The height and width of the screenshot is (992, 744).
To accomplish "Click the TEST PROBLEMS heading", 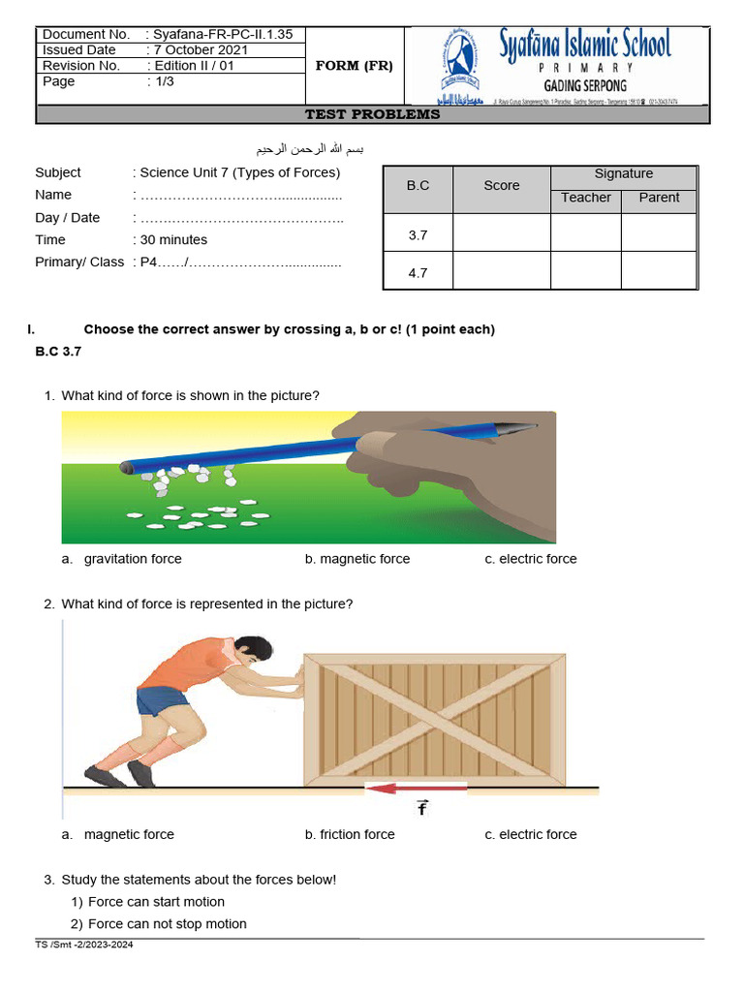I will point(372,114).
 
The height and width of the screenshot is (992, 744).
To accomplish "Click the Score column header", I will point(502,185).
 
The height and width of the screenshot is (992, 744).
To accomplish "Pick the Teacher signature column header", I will point(586,198).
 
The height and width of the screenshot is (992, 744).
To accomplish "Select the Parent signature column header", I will point(659,198).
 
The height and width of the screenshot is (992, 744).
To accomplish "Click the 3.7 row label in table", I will point(418,234).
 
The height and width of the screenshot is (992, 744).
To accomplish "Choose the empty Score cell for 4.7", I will point(502,272).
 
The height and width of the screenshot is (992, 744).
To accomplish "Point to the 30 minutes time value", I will point(173,239).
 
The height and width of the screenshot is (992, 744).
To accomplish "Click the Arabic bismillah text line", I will point(310,149).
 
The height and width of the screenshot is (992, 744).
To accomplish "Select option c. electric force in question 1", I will point(531,559).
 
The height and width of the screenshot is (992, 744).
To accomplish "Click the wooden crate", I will point(434,719).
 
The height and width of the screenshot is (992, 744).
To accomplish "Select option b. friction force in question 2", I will point(350,834).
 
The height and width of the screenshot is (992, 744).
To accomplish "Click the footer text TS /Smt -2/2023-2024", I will point(84,945).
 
